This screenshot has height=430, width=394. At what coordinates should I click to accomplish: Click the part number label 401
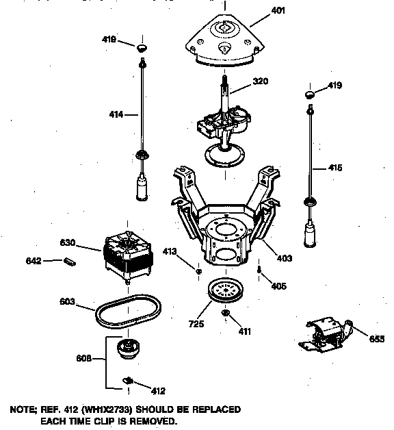pyautogui.click(x=278, y=11)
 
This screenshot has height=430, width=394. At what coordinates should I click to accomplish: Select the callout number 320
pyautogui.click(x=241, y=81)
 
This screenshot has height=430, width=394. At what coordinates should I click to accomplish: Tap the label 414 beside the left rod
pyautogui.click(x=116, y=115)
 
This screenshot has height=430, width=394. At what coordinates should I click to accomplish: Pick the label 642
pyautogui.click(x=34, y=261)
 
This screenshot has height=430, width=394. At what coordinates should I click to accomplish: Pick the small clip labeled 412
pyautogui.click(x=128, y=379)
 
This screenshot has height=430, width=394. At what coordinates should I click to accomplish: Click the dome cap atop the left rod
pyautogui.click(x=142, y=47)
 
